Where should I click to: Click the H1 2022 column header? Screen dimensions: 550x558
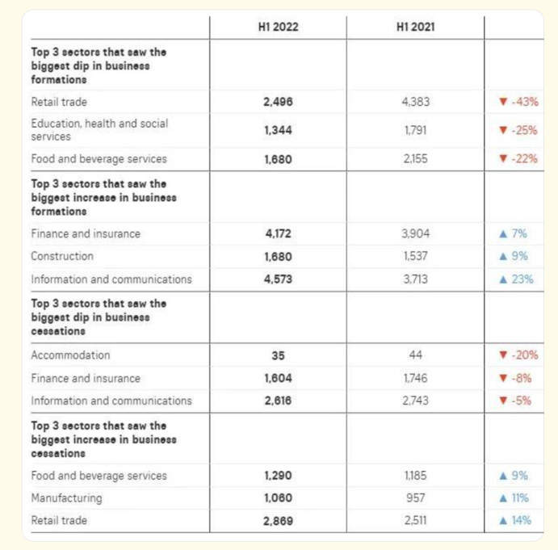278,27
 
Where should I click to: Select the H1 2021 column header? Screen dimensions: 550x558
415,27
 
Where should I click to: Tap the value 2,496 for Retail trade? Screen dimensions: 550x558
278,102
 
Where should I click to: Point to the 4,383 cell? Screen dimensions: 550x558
415,102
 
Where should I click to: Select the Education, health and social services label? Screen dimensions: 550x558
99,130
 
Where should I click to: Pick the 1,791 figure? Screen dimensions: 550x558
415,130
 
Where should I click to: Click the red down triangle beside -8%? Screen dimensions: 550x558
502,378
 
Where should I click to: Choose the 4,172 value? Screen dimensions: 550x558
278,233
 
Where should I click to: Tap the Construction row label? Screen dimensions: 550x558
62,256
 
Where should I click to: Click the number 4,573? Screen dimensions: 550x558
278,279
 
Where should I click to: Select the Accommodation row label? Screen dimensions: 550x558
70,355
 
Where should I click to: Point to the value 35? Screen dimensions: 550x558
278,355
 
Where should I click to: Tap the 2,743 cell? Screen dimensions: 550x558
415,401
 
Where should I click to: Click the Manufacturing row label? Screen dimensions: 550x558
66,498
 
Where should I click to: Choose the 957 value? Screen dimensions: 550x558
415,498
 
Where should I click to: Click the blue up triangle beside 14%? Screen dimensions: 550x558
503,520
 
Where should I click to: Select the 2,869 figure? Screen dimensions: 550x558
278,520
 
